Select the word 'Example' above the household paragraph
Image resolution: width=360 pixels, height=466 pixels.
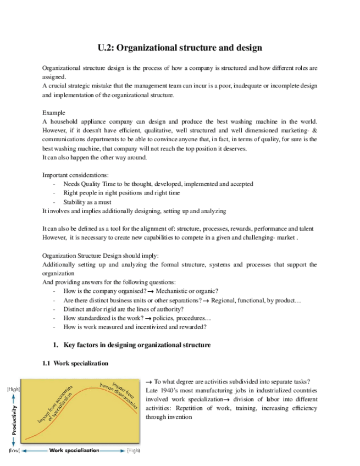(53, 113)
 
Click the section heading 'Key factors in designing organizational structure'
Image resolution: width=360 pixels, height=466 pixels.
(137, 345)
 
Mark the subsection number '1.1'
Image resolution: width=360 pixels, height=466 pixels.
(47, 363)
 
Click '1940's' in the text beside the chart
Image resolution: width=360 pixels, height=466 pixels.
(170, 390)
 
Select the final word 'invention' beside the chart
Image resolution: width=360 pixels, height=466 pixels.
(179, 417)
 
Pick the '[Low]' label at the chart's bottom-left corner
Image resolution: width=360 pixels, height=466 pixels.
(14, 451)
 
